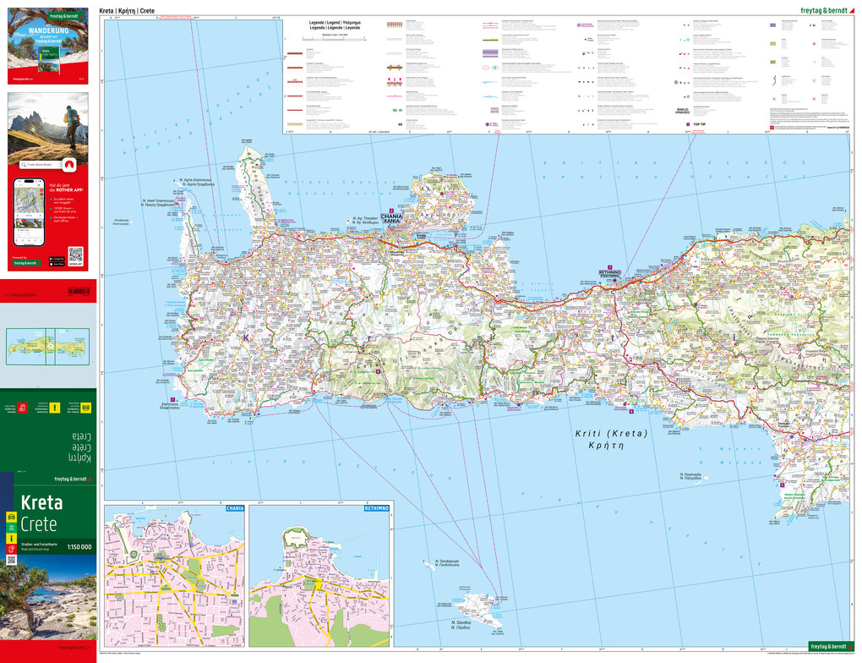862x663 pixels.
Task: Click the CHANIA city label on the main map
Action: point(391,218)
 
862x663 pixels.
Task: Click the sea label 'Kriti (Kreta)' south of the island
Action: point(611,439)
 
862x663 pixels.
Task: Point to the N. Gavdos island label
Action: point(461,624)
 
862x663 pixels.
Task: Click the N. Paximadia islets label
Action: point(690,477)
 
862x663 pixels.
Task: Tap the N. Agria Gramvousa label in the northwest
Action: point(195,181)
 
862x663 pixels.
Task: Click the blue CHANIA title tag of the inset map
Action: point(234,508)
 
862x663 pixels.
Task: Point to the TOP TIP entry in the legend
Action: point(699,125)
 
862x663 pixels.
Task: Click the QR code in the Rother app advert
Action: point(75,254)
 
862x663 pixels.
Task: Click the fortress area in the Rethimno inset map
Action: point(296,538)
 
